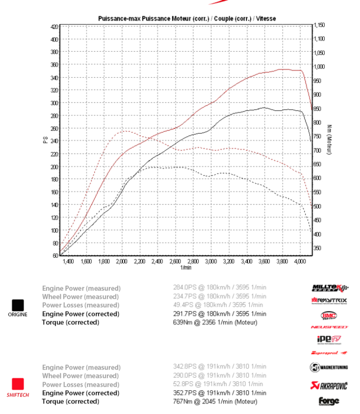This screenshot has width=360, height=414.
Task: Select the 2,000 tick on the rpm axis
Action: (x=122, y=262)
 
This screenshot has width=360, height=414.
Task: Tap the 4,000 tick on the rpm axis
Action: (x=300, y=262)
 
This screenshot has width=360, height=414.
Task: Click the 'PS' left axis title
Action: (x=45, y=140)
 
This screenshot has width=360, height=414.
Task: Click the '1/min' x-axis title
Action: (x=185, y=268)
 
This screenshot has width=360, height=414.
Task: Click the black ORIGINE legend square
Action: (x=18, y=305)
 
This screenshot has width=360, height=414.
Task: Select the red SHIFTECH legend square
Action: (x=18, y=385)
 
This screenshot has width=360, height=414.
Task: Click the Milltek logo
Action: (x=329, y=287)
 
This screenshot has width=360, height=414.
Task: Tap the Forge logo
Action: (x=329, y=401)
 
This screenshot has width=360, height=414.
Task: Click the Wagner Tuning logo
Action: (x=329, y=368)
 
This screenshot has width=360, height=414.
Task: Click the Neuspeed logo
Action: (x=329, y=327)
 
